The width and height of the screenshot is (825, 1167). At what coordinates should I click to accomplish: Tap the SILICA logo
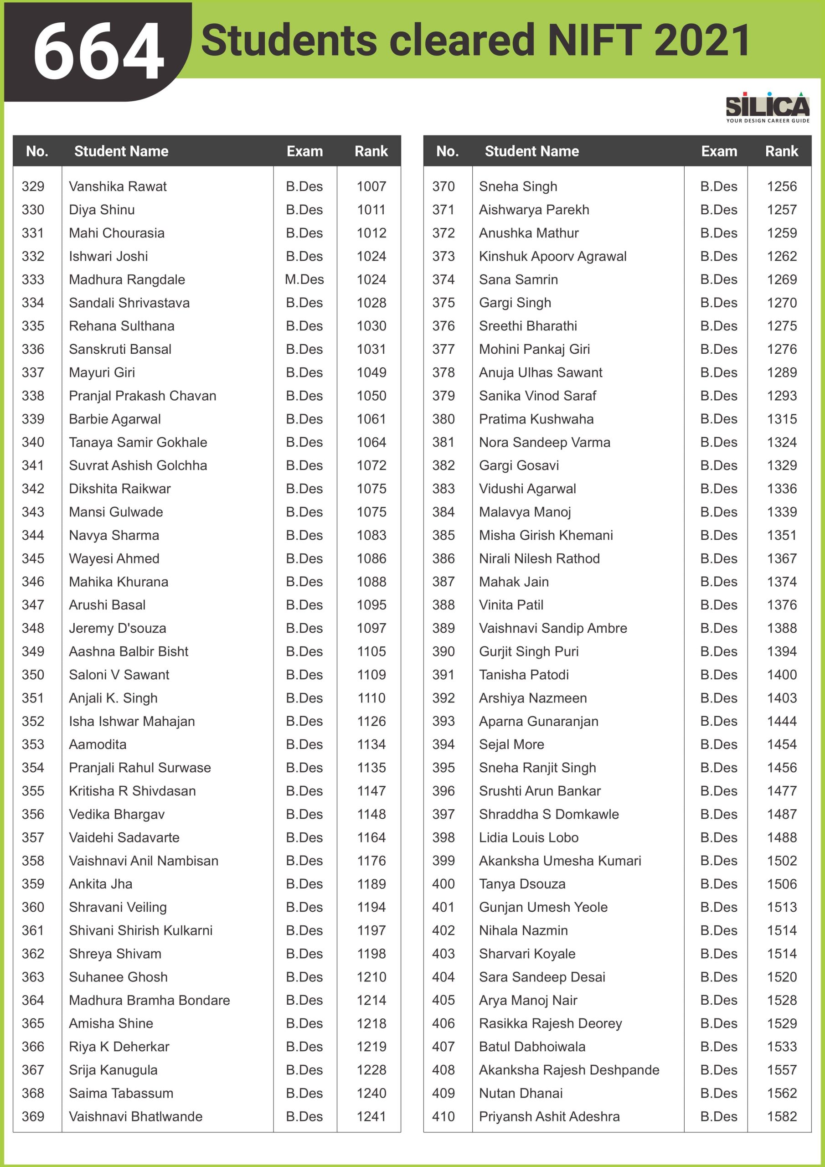(767, 107)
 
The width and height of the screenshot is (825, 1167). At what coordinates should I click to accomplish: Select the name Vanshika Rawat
(118, 186)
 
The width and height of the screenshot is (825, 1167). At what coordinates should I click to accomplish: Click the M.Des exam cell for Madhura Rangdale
(304, 279)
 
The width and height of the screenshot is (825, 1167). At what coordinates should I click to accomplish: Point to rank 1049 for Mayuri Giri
(371, 372)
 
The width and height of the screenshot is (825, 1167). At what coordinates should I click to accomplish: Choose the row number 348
(33, 628)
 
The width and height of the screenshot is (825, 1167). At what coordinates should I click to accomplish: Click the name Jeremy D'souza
(118, 628)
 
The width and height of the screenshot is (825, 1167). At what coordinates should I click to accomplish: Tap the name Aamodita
(98, 744)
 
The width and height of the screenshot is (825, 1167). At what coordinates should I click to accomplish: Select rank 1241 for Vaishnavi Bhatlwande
(371, 1117)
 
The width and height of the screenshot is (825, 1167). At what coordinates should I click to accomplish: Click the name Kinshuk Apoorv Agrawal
(552, 256)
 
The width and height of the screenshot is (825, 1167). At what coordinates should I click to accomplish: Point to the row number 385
(443, 535)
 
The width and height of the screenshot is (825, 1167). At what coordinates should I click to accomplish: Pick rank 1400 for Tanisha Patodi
(782, 675)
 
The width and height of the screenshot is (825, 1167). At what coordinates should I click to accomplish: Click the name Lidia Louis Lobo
(529, 837)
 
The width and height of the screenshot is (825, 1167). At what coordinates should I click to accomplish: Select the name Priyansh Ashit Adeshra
(549, 1117)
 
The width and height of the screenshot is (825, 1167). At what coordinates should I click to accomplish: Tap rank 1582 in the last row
(782, 1117)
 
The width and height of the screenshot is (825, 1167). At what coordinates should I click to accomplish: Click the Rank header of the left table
(371, 151)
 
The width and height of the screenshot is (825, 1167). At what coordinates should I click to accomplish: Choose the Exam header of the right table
(719, 151)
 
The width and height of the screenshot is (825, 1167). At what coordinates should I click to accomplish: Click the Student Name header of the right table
(532, 151)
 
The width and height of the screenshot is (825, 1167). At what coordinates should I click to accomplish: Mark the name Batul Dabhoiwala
(532, 1047)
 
